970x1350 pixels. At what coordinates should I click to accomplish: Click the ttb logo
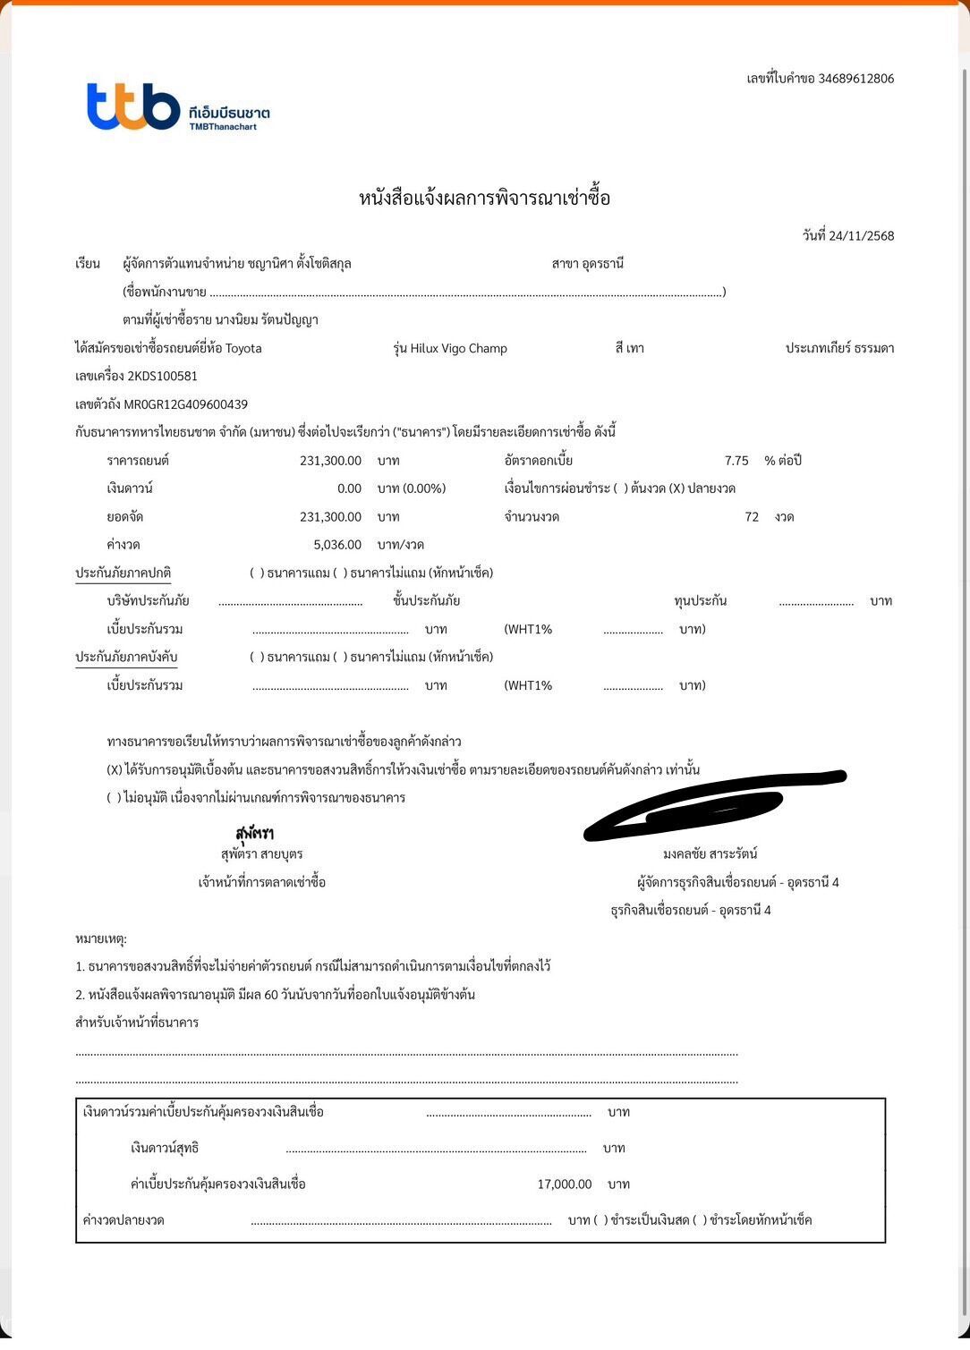point(133,106)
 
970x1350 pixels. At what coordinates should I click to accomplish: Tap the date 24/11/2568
point(861,236)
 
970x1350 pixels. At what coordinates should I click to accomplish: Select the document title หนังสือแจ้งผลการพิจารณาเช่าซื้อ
point(484,198)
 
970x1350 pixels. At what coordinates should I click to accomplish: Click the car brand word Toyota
point(243,349)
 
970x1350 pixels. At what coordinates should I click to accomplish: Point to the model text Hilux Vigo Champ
point(458,349)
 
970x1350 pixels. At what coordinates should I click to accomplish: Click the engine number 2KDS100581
point(162,377)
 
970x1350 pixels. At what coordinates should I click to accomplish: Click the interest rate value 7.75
point(736,461)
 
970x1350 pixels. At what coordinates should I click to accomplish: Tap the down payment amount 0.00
point(349,489)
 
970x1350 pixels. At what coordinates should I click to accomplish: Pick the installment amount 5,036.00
point(337,545)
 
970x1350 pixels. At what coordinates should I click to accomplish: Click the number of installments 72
point(752,517)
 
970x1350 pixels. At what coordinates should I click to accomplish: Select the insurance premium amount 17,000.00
point(564,1184)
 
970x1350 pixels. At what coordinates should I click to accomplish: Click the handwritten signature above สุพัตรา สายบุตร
point(255,834)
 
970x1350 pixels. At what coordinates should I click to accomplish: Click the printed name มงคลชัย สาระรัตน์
point(710,854)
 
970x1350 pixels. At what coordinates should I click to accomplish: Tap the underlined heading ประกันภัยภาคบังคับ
point(126,658)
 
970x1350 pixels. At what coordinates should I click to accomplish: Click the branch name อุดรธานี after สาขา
point(602,264)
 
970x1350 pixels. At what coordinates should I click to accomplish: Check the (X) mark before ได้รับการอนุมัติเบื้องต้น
point(115,770)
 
